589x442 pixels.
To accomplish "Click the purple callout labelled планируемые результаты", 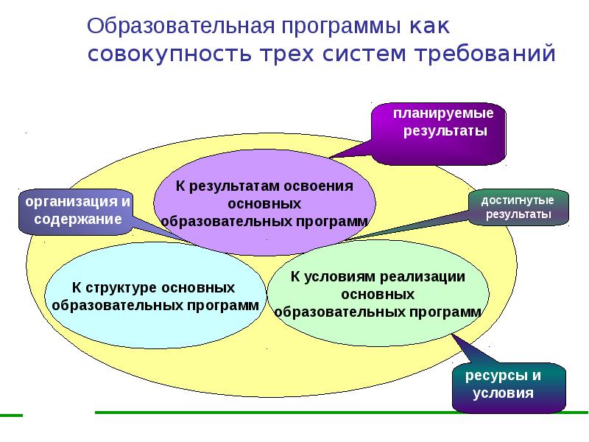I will click(x=439, y=133).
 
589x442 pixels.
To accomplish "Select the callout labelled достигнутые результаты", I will click(x=518, y=207).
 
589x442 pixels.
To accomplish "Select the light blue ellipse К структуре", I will click(x=154, y=295).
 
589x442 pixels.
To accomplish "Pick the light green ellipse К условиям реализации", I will click(x=377, y=295).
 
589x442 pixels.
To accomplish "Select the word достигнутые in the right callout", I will click(x=518, y=200).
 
